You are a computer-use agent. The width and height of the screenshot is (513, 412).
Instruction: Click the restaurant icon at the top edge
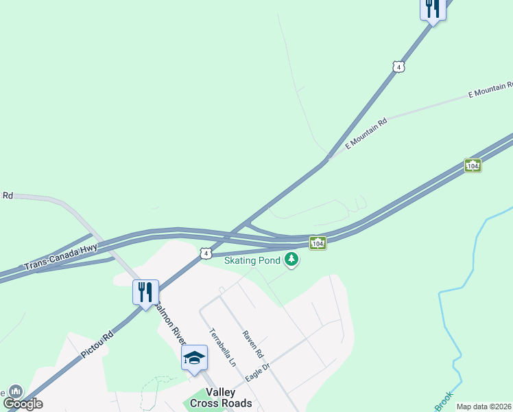tap(432, 9)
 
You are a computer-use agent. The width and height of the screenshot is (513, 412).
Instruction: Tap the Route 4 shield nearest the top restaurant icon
tap(398, 67)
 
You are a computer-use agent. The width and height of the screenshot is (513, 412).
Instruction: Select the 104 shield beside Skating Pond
tap(317, 243)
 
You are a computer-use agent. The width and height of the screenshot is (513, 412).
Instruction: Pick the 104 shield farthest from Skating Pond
tap(473, 165)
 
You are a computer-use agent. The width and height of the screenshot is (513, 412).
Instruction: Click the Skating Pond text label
tap(252, 260)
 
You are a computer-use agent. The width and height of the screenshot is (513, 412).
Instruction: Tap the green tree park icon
tap(292, 259)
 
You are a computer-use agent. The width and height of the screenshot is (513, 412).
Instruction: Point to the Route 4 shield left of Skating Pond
tap(205, 253)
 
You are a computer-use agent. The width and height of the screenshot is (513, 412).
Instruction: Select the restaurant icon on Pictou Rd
tap(145, 293)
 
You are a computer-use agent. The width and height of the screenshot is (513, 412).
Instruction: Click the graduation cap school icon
tap(195, 358)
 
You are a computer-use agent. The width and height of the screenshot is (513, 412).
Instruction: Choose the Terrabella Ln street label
tap(223, 347)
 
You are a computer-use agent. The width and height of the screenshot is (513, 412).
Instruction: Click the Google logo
tap(23, 404)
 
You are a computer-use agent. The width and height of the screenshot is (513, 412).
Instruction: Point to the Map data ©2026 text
tap(484, 407)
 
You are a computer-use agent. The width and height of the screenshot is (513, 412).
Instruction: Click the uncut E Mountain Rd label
tap(366, 133)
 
